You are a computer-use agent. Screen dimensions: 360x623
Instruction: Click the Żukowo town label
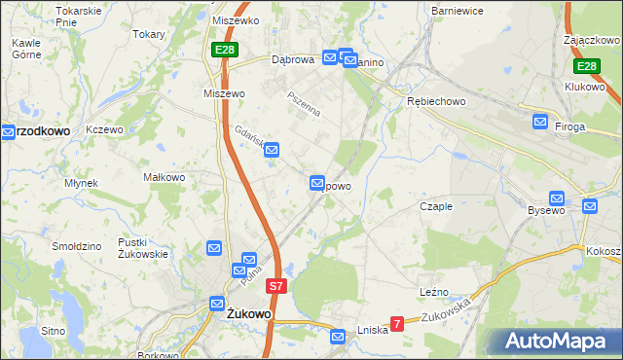[x=248, y=315]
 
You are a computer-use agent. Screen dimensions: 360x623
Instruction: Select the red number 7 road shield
[x=397, y=324]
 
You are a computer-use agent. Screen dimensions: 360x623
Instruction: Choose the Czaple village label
[x=437, y=206]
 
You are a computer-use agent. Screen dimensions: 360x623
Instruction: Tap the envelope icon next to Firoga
[x=540, y=122]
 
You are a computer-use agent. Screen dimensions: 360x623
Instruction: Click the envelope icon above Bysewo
[x=557, y=198]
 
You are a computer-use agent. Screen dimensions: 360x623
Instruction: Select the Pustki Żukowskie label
[x=142, y=247]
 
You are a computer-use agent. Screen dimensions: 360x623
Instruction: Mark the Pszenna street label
[x=303, y=104]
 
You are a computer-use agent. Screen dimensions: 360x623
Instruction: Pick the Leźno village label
[x=433, y=292]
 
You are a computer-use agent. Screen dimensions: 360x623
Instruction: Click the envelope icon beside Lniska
[x=338, y=337]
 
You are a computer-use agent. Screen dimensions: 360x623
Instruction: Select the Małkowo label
[x=164, y=177]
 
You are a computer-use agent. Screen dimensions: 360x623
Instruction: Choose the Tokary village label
[x=149, y=33]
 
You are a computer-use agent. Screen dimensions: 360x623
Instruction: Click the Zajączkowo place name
[x=592, y=41]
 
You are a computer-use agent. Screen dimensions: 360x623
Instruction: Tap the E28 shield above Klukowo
[x=585, y=66]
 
